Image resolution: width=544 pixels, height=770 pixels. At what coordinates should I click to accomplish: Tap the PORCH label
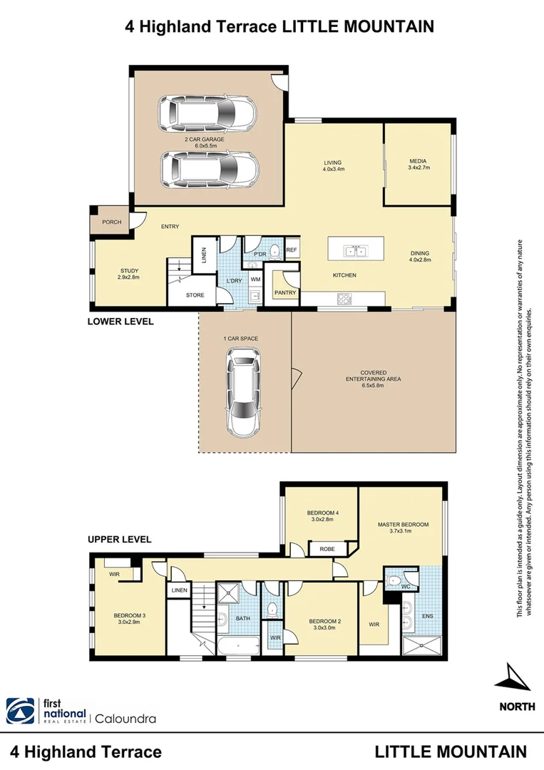pyautogui.click(x=111, y=222)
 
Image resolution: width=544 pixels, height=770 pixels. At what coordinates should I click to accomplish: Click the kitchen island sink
pyautogui.click(x=354, y=251)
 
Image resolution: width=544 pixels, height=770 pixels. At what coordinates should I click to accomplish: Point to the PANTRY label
pyautogui.click(x=285, y=292)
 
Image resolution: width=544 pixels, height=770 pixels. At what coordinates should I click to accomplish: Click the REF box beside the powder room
pyautogui.click(x=291, y=250)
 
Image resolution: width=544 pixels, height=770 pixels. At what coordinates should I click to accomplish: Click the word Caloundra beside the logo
pyautogui.click(x=125, y=718)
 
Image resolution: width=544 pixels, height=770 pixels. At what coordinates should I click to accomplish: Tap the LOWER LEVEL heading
pyautogui.click(x=120, y=322)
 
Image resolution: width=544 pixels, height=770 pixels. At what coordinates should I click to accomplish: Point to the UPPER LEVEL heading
pyautogui.click(x=119, y=539)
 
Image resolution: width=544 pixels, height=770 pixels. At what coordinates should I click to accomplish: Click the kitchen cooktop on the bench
pyautogui.click(x=345, y=299)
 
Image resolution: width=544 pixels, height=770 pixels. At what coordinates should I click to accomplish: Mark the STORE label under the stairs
pyautogui.click(x=195, y=294)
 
